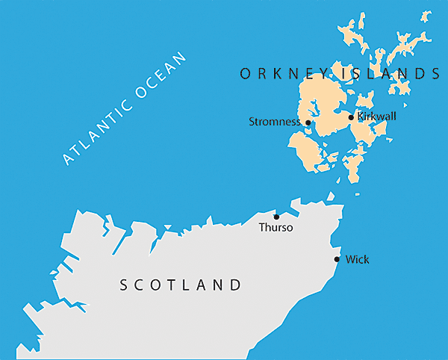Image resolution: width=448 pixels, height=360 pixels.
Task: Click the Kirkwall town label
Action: [x=377, y=117]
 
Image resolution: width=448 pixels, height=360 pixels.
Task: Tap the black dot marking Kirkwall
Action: [x=352, y=117]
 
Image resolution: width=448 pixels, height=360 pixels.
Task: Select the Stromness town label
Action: [x=275, y=122]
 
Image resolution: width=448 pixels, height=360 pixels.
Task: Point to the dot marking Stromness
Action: [x=308, y=122]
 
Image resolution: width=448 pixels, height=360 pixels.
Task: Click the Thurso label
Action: [x=276, y=228]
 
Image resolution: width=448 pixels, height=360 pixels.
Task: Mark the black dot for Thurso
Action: [x=276, y=217]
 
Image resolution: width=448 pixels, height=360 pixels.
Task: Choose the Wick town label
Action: [x=357, y=260]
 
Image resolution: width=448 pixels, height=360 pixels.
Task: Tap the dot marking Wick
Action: [x=337, y=260]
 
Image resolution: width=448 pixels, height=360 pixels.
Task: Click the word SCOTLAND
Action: [x=181, y=285]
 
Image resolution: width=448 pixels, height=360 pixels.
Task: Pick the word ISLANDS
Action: [x=390, y=73]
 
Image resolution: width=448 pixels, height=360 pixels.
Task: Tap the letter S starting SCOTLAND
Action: [x=125, y=285]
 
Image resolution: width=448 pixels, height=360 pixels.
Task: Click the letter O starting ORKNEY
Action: [x=244, y=73]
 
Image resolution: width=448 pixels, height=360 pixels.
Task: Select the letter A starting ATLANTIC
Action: [x=68, y=159]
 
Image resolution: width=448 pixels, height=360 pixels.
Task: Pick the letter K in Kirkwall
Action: [x=361, y=117]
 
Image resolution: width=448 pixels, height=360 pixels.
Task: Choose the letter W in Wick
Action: [x=349, y=260]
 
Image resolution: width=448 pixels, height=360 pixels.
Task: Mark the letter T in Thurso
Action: [x=261, y=228]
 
